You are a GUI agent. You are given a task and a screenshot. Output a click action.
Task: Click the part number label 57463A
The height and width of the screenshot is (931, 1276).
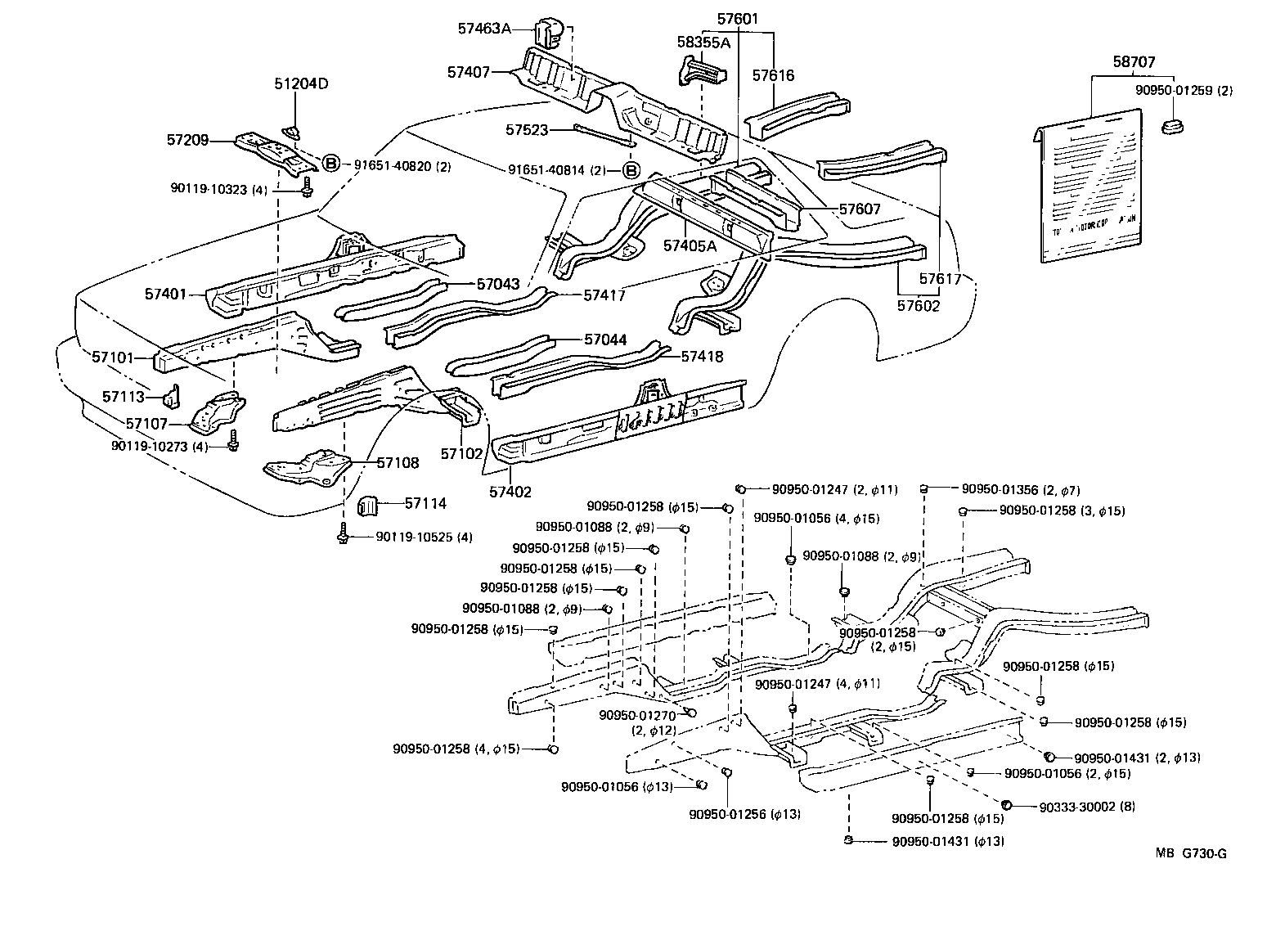point(484,29)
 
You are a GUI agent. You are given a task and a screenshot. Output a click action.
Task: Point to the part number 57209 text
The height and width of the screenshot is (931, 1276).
point(188,140)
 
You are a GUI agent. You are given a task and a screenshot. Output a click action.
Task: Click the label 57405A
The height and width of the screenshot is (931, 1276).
point(690,245)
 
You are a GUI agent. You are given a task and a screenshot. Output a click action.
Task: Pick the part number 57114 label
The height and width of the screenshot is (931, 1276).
point(426,503)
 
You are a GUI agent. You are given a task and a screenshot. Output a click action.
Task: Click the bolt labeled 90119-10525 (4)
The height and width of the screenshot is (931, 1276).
point(342,535)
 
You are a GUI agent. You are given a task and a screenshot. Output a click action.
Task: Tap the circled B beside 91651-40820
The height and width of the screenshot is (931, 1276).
point(330,164)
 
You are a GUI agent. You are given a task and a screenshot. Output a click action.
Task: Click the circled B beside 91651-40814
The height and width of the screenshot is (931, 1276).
point(632,171)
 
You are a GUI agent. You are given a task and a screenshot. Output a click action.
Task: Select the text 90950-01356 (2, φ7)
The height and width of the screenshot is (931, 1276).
point(1021,490)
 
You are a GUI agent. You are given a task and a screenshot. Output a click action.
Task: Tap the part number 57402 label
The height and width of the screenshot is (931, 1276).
point(510,492)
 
